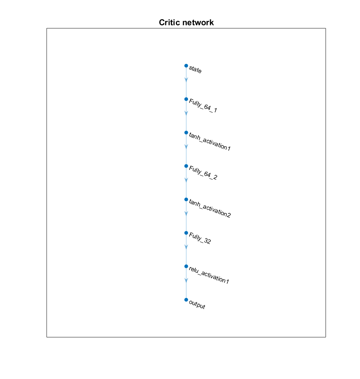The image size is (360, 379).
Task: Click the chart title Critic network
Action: coord(186,23)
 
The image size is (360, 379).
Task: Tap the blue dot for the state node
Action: coord(186,66)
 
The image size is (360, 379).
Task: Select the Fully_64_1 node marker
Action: coord(186,99)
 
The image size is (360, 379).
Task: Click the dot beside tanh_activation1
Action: coord(186,133)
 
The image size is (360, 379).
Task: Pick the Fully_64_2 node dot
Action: coord(186,166)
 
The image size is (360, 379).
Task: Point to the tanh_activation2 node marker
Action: coord(186,199)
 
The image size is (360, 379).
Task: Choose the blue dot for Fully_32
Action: coord(186,233)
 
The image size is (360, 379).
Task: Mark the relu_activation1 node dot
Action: coord(186,266)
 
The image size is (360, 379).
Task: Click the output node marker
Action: coord(186,300)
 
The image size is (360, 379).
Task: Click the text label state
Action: coord(195,70)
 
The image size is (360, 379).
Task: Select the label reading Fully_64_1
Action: coord(203,106)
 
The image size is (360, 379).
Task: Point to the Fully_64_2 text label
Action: coord(203,173)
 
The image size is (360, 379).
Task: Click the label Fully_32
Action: coord(200,239)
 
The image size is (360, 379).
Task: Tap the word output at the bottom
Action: coord(197,305)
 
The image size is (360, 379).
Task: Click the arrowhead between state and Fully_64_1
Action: coord(186,79)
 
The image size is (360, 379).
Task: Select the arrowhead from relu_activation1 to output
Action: coord(186,280)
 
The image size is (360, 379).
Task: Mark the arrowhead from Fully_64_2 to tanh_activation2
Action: coord(186,180)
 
